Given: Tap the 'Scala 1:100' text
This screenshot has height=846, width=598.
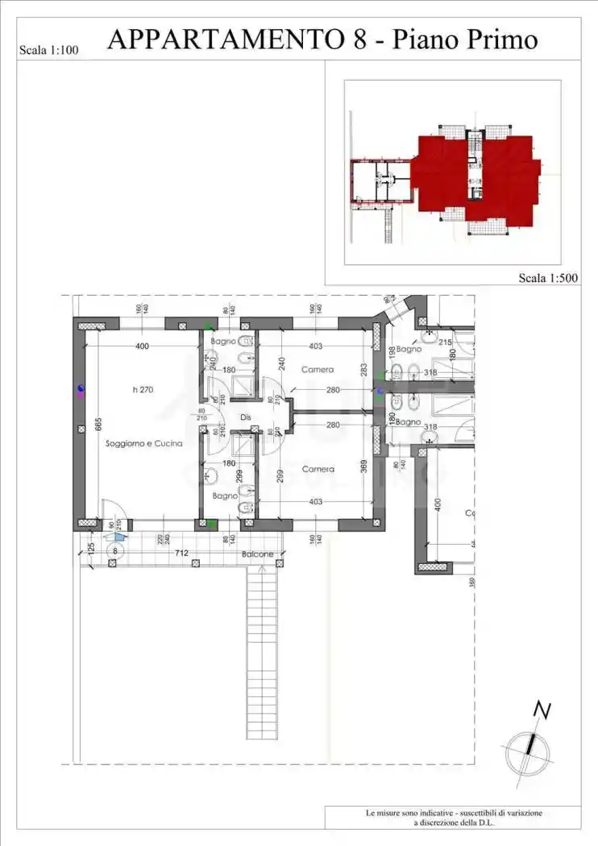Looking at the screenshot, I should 48,51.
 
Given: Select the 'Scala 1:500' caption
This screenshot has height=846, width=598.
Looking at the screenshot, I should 547,278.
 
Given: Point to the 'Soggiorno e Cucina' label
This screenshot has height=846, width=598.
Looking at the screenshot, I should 143,443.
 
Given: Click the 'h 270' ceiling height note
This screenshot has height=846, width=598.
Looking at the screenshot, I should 143,390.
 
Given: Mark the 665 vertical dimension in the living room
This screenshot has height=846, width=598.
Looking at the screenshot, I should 98,425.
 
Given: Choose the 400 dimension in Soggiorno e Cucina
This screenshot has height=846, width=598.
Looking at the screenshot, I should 143,346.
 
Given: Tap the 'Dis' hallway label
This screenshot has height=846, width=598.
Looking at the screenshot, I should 246,417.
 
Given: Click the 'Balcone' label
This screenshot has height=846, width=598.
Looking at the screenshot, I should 257,554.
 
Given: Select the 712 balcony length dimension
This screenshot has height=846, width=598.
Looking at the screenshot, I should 181,553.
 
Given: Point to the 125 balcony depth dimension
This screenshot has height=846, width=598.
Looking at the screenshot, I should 91,549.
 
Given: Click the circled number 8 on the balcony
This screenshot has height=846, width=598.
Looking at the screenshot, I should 115,552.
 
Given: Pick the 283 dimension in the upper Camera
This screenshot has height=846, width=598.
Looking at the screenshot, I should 363,369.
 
